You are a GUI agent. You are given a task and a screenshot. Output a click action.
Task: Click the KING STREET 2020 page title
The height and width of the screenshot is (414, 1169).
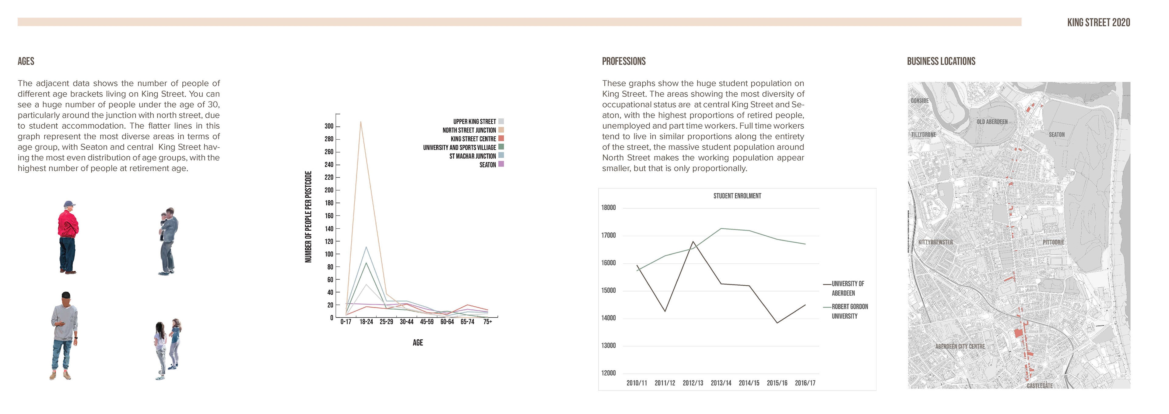[1098, 22]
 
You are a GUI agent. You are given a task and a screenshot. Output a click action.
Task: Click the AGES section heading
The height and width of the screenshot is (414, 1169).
[26, 61]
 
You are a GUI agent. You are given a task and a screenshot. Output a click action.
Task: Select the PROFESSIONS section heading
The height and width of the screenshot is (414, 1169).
[623, 61]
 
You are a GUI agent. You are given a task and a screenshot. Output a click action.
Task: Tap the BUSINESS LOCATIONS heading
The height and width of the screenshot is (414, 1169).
[941, 61]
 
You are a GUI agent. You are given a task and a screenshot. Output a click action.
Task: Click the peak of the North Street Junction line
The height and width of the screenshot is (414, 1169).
[361, 122]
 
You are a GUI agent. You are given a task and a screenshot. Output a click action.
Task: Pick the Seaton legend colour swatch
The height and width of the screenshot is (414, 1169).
[501, 164]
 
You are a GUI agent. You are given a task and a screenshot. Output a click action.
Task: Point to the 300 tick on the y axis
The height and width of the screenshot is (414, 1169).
[329, 126]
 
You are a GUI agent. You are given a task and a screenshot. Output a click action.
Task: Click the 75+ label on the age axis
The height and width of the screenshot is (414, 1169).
[487, 322]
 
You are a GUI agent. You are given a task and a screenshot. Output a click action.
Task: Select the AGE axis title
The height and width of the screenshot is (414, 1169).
[417, 343]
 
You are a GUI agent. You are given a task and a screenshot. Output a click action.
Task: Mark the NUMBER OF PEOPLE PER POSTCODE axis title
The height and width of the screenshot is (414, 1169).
[308, 217]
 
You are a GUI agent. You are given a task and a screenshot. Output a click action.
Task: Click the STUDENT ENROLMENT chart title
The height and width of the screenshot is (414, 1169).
[737, 196]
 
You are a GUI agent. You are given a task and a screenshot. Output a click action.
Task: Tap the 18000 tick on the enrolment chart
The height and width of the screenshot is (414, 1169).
[609, 208]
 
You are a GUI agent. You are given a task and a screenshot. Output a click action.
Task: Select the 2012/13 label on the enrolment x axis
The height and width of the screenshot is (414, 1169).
[693, 383]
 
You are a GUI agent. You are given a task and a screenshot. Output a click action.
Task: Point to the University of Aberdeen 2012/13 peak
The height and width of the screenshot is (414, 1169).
[693, 242]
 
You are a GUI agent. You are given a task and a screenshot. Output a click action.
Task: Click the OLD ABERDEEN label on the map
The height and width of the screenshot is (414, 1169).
[992, 122]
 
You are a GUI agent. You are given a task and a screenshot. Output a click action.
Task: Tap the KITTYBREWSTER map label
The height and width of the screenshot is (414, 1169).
[935, 242]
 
